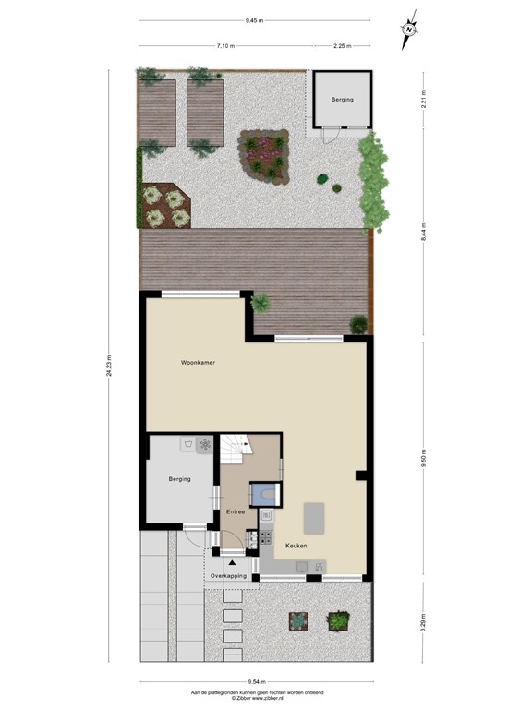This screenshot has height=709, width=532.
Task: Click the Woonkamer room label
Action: [198, 363]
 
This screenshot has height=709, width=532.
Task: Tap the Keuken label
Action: [296, 545]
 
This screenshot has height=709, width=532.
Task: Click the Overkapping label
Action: [228, 575]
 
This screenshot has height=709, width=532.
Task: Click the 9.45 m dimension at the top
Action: [254, 19]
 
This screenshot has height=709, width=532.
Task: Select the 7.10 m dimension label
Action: [225, 45]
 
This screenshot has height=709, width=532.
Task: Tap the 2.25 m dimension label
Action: [340, 45]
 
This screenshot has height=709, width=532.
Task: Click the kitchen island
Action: [314, 518]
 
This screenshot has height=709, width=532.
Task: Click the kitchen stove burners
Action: [266, 536]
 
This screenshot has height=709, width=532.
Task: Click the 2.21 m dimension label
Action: [424, 100]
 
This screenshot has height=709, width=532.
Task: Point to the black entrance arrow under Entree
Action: [230, 561]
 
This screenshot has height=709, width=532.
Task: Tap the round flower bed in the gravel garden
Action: [264, 153]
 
